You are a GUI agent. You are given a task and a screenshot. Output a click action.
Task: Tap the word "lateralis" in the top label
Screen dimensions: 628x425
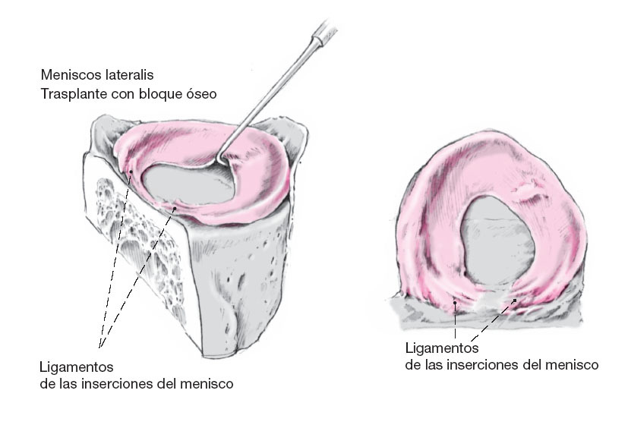pyautogui.click(x=127, y=76)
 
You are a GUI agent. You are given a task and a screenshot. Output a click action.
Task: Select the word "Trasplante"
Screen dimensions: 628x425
pyautogui.click(x=75, y=95)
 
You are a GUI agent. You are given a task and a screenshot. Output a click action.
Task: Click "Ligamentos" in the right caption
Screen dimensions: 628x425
pyautogui.click(x=442, y=348)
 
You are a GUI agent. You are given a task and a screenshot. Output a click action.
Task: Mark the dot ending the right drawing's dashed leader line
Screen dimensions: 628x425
pyautogui.click(x=516, y=301)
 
